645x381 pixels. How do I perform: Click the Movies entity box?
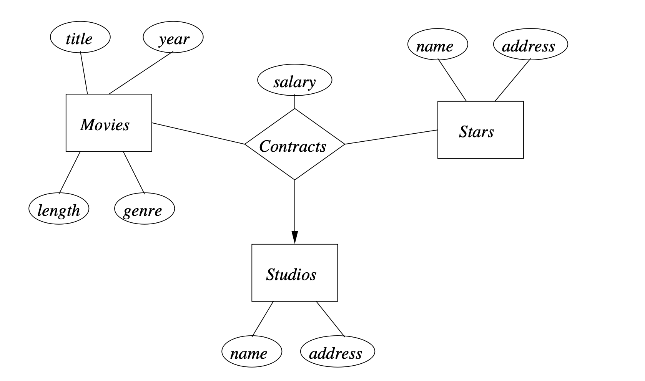coord(109,123)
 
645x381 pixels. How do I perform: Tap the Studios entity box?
coord(294,273)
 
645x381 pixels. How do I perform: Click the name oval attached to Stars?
coord(437,45)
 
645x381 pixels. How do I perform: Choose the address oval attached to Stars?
coord(530,45)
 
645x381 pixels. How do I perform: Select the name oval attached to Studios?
coord(252,351)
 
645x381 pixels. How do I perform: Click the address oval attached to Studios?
coord(337,351)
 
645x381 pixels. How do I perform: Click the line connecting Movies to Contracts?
coord(198,133)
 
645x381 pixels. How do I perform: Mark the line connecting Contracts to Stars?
coord(391,137)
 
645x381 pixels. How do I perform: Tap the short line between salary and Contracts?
coord(294,102)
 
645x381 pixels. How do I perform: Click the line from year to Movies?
coord(141,73)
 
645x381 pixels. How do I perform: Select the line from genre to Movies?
coord(134,172)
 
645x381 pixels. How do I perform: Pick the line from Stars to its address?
coord(512,80)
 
